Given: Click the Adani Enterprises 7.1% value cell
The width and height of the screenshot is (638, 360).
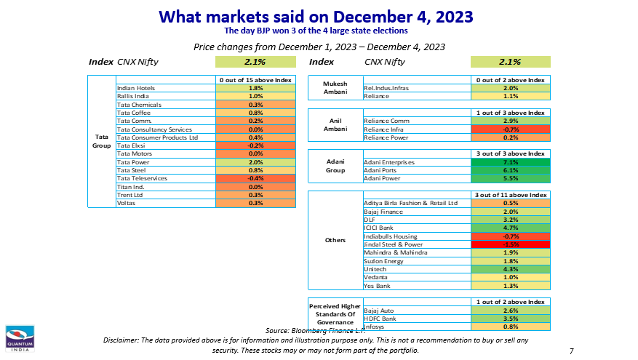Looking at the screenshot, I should point(510,162).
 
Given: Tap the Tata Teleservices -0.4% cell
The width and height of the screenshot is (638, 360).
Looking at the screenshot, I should point(255,178).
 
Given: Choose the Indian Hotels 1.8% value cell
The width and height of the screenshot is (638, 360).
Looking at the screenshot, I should point(255,88).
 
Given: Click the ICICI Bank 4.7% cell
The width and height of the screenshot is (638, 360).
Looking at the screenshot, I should point(510,228).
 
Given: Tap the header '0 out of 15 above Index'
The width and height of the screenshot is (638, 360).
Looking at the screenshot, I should point(255,79).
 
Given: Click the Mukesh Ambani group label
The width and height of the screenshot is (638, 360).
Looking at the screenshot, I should point(335,87).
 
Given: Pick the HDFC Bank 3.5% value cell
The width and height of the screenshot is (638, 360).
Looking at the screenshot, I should point(510,319).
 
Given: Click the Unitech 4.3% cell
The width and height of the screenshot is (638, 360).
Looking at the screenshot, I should point(510,269).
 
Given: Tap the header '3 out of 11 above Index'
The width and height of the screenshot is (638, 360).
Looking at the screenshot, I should point(510,195).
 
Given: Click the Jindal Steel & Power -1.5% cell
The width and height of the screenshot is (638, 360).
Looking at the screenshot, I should point(510,244).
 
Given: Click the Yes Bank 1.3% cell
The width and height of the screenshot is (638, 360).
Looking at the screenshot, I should point(510,286).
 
